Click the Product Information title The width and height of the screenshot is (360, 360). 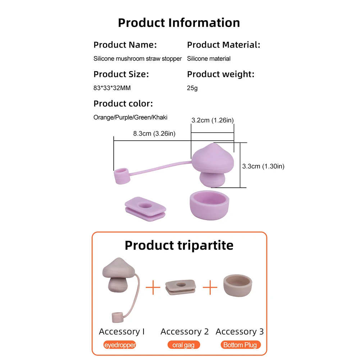point(179,23)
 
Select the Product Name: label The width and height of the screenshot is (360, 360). point(125,45)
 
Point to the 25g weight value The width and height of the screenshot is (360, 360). point(192,88)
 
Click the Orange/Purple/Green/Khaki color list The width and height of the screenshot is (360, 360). point(130,117)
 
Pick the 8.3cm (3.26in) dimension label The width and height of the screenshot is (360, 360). point(154,134)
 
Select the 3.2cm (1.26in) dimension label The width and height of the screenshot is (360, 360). point(212,120)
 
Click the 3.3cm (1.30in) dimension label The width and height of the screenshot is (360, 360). point(263,167)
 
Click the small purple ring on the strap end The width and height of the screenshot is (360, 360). point(122,176)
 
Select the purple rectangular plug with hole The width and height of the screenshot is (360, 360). point(145,208)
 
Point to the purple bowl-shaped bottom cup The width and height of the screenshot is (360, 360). point(209,203)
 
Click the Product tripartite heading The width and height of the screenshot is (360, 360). point(179,245)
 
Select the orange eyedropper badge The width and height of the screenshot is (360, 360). point(120,345)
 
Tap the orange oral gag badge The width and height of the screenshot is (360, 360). point(183,345)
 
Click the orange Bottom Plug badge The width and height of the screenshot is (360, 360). point(240,345)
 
